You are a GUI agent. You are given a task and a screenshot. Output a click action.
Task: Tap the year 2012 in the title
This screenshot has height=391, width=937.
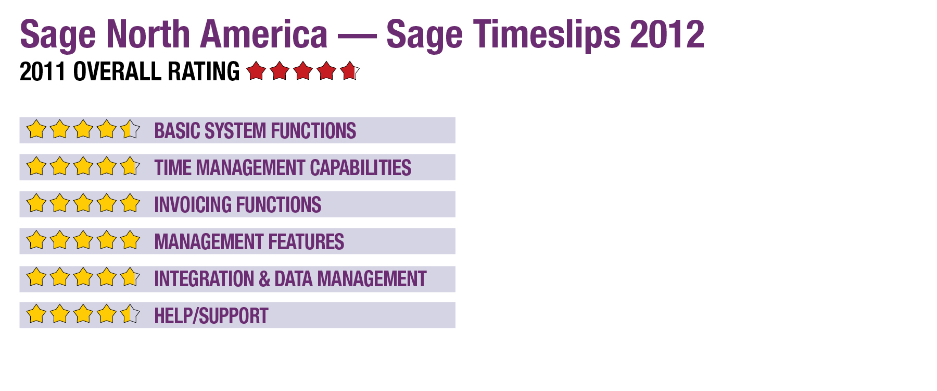667,34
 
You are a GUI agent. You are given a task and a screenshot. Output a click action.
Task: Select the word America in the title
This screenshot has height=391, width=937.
264,34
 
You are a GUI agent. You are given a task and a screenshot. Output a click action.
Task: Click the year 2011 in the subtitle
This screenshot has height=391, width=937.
42,71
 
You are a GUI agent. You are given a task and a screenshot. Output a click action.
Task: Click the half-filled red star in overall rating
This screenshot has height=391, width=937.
350,70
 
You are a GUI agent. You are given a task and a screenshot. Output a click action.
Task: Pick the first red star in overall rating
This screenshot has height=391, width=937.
256,70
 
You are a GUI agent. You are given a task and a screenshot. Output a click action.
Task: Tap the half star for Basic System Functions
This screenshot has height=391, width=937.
130,129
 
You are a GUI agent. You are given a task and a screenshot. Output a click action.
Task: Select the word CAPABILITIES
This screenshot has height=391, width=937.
361,168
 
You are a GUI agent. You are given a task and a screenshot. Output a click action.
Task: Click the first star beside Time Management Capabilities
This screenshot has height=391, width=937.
36,166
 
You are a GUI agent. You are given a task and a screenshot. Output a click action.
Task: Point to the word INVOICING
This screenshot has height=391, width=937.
193,205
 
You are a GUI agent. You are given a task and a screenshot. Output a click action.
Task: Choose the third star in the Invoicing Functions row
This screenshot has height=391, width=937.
83,203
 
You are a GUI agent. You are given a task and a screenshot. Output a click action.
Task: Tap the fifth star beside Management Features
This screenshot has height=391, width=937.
130,240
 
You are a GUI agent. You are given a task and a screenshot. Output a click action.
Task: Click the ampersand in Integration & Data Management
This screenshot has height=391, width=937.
264,279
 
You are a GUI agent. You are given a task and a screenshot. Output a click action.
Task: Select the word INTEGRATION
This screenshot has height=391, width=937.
204,279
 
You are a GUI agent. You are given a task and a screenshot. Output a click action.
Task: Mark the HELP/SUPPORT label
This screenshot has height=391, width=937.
211,316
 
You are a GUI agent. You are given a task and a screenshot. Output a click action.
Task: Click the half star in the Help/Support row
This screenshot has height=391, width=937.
130,314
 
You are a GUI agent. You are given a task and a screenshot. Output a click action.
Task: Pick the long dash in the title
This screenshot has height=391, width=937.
357,36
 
